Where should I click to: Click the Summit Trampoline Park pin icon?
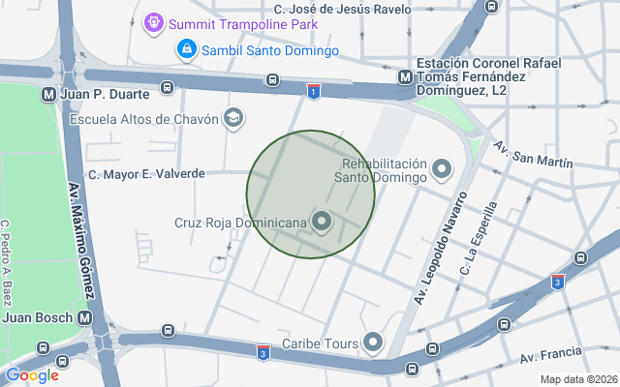tap(153, 22)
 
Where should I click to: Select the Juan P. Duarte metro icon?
tap(47, 95)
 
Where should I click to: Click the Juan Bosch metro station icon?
tap(86, 317)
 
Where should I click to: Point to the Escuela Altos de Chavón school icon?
tap(232, 119)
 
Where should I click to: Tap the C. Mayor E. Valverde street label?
tap(146, 174)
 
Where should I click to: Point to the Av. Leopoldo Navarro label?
tap(441, 248)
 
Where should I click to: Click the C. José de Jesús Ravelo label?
tap(342, 9)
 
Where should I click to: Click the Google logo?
tap(32, 375)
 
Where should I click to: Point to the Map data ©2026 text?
tap(577, 379)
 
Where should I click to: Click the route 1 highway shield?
tap(313, 91)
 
